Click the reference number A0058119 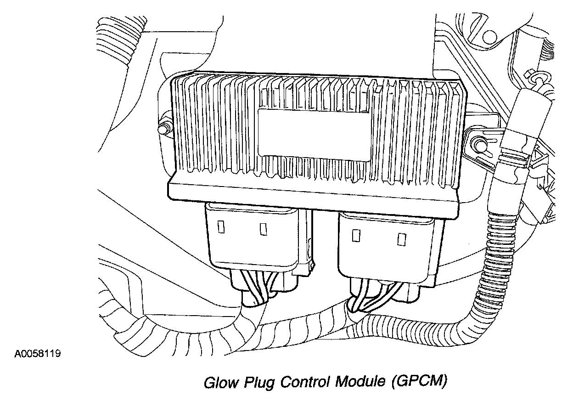pyautogui.click(x=38, y=354)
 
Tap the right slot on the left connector pyautogui.click(x=264, y=228)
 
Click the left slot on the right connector pyautogui.click(x=355, y=236)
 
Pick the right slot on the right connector pyautogui.click(x=402, y=238)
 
